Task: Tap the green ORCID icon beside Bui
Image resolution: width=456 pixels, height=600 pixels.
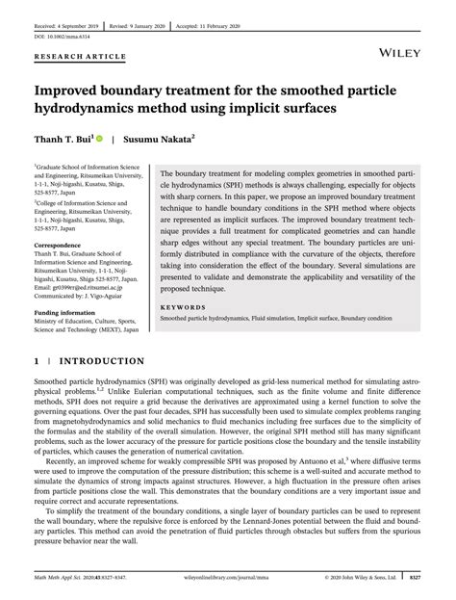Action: pyautogui.click(x=98, y=139)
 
